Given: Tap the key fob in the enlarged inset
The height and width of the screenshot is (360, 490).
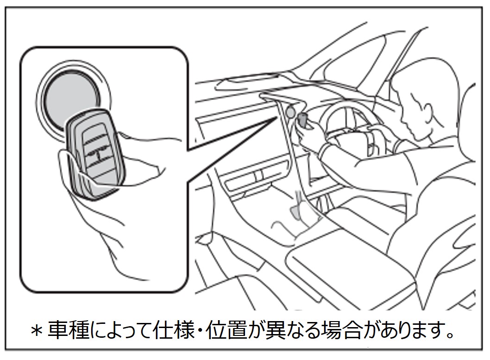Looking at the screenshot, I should tap(95, 153).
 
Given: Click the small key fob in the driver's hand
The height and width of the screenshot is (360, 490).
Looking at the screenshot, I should tap(302, 119).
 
